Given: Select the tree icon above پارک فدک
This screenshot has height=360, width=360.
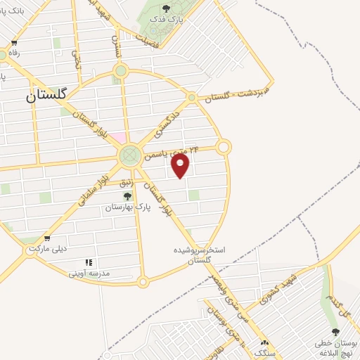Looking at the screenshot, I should coord(166,8).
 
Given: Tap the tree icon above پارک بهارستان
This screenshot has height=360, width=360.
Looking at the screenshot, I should coord(127,195).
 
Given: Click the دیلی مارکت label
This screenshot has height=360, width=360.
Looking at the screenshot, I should coord(46,250).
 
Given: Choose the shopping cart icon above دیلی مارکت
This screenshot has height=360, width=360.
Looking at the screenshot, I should coord(46,239).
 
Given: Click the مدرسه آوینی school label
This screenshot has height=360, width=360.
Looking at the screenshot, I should coord(89,274).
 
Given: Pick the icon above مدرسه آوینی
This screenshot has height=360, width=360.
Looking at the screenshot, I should coord(89,263).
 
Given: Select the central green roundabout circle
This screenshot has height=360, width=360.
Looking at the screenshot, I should coord(129,155).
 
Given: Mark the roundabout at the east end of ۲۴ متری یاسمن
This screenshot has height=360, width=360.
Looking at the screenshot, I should coord(224,147).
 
